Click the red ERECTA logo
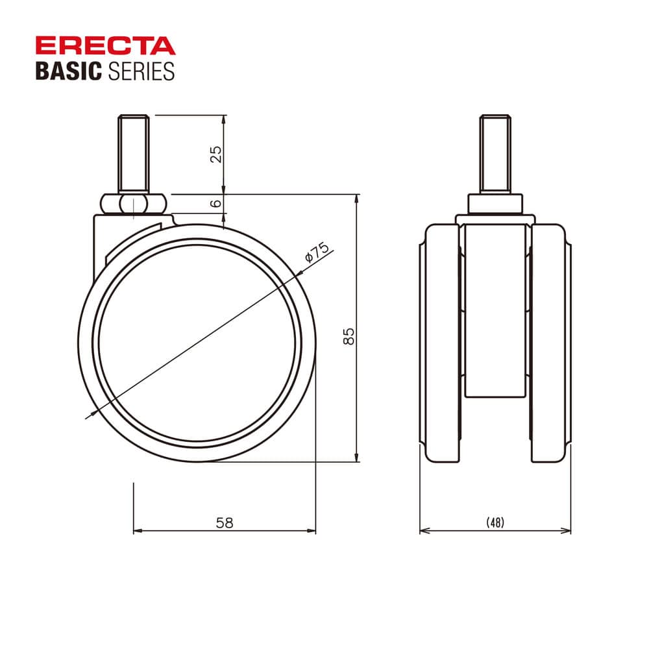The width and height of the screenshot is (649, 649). click(x=106, y=45)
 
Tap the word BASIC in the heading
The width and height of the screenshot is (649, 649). click(x=69, y=71)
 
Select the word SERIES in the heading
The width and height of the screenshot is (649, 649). click(x=141, y=71)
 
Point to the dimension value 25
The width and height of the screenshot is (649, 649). click(x=216, y=154)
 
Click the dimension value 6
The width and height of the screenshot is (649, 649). click(x=216, y=203)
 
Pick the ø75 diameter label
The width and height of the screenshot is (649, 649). click(x=317, y=252)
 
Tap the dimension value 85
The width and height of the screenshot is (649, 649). click(x=349, y=336)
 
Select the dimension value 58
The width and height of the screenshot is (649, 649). click(x=225, y=522)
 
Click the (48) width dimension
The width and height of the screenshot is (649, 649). click(x=495, y=522)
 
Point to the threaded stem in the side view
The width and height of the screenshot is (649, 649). click(x=133, y=154)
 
